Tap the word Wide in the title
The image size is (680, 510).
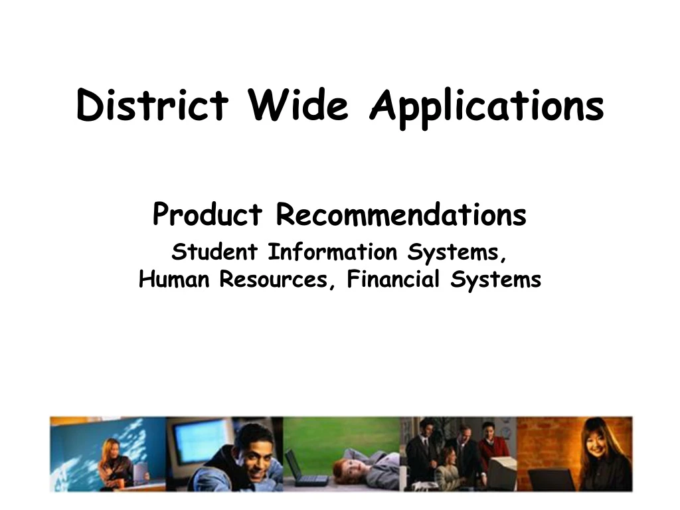[x=298, y=106]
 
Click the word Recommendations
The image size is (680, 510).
[x=401, y=214]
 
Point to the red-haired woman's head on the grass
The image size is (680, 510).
[x=342, y=472]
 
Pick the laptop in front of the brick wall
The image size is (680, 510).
[x=551, y=479]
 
